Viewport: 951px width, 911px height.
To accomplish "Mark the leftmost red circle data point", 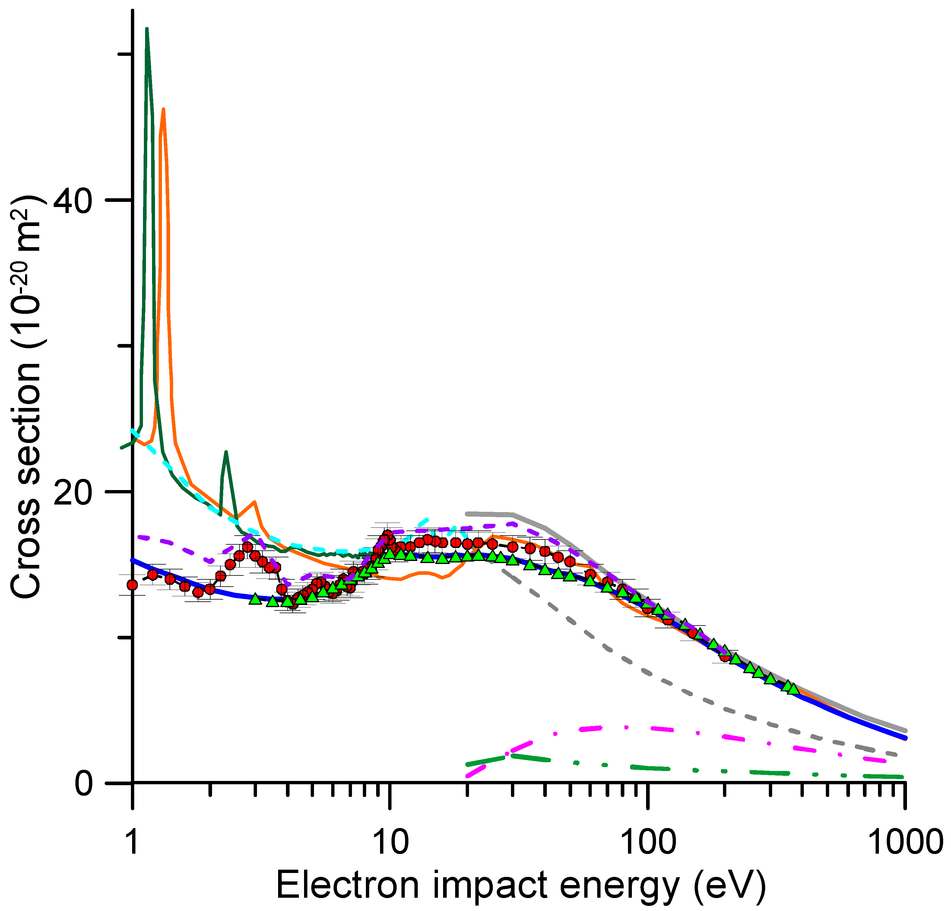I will tap(132, 585).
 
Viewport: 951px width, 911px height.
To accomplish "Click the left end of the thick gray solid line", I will tap(467, 514).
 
